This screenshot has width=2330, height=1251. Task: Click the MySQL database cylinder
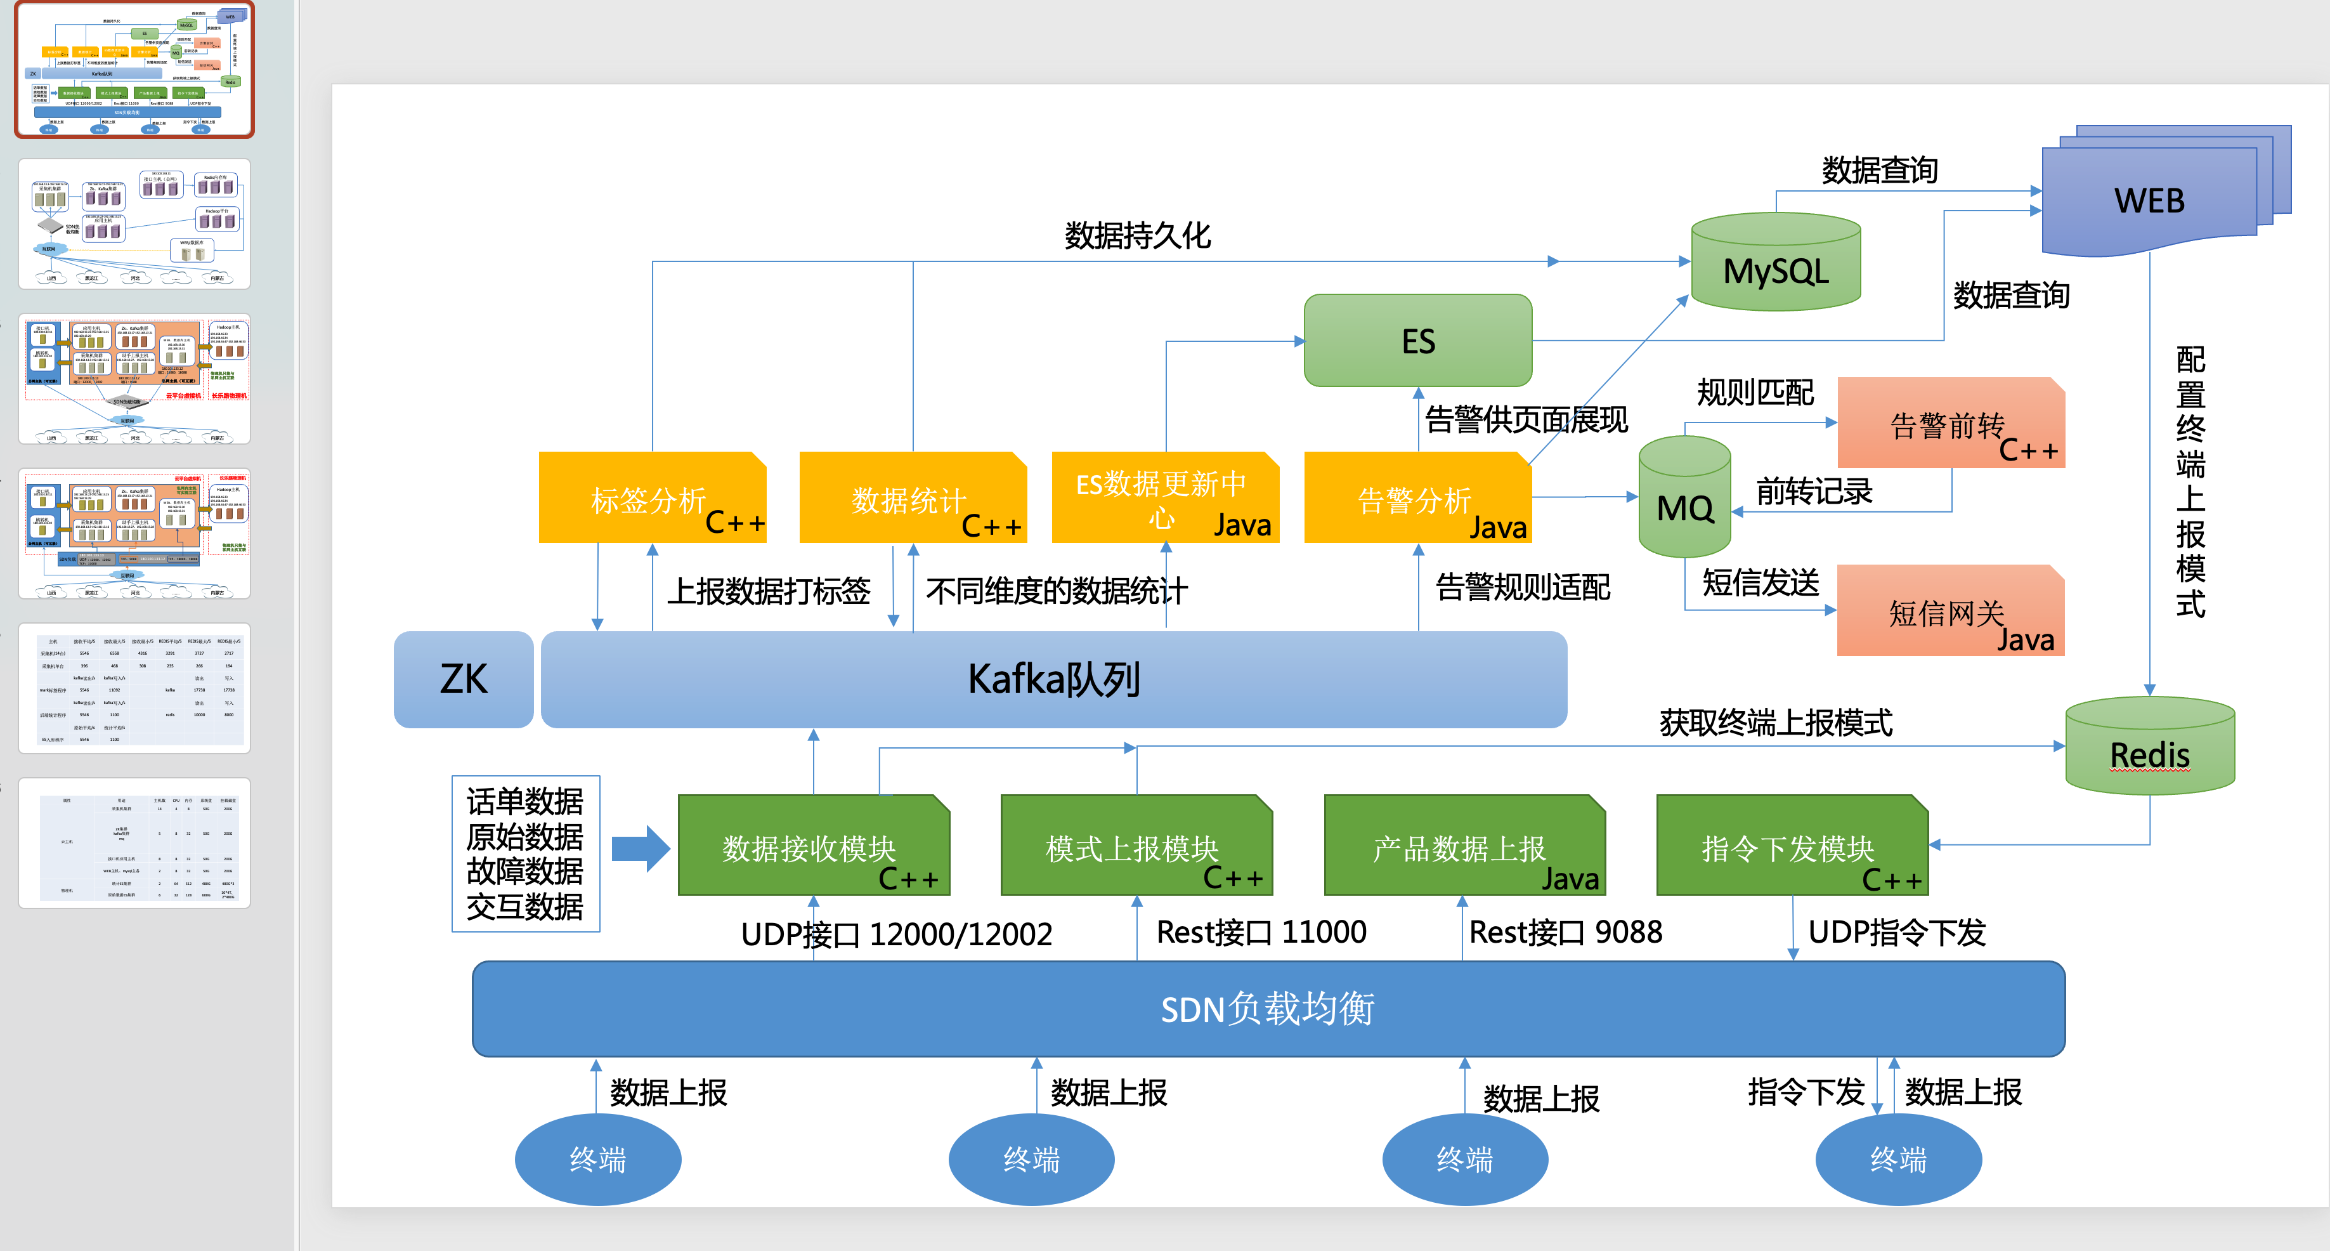1776,264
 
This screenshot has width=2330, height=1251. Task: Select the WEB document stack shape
2150,197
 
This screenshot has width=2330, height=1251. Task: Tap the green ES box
1417,341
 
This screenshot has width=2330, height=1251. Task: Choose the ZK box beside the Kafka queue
463,679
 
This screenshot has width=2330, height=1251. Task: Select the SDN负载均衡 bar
1267,1007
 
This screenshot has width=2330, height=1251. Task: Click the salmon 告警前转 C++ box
1950,423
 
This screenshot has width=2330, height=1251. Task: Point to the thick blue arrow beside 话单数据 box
641,848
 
